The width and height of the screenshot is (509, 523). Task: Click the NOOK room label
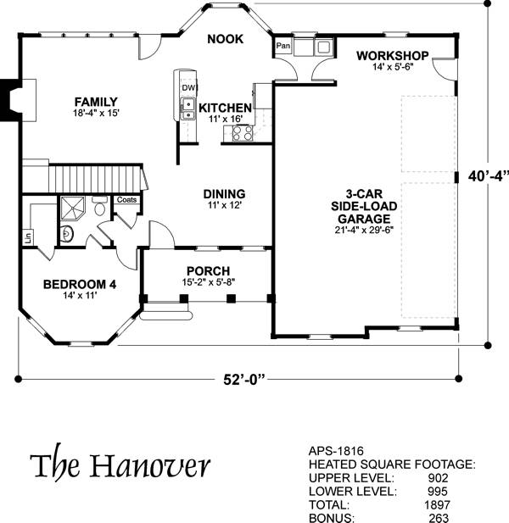[x=226, y=39]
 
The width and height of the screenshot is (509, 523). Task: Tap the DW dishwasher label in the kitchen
[x=188, y=87]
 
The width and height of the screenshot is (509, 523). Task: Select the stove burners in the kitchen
[x=243, y=133]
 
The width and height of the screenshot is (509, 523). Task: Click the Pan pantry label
[x=283, y=45]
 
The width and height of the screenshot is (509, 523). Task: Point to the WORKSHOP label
[x=393, y=56]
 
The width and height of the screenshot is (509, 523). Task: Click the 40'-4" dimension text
[x=489, y=176]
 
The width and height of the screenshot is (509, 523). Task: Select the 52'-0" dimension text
[x=244, y=379]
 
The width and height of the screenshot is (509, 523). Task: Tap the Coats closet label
[x=127, y=199]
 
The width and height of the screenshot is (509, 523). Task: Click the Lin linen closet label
[x=28, y=237]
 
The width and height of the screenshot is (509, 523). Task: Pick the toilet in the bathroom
[x=99, y=206]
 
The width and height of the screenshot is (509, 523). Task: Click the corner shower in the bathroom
[x=72, y=208]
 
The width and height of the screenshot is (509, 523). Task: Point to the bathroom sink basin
[x=67, y=233]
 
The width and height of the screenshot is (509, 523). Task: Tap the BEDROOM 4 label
[x=80, y=285]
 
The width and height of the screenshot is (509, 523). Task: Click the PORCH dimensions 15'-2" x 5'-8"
[x=209, y=282]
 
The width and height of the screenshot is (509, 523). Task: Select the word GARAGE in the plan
[x=364, y=219]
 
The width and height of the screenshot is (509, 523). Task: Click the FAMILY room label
[x=96, y=102]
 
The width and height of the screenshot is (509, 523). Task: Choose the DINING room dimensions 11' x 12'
[x=224, y=205]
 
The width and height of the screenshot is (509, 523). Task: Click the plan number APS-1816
[x=336, y=451]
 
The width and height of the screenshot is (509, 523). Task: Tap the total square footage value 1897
[x=437, y=504]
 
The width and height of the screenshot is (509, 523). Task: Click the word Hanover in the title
[x=150, y=465]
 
